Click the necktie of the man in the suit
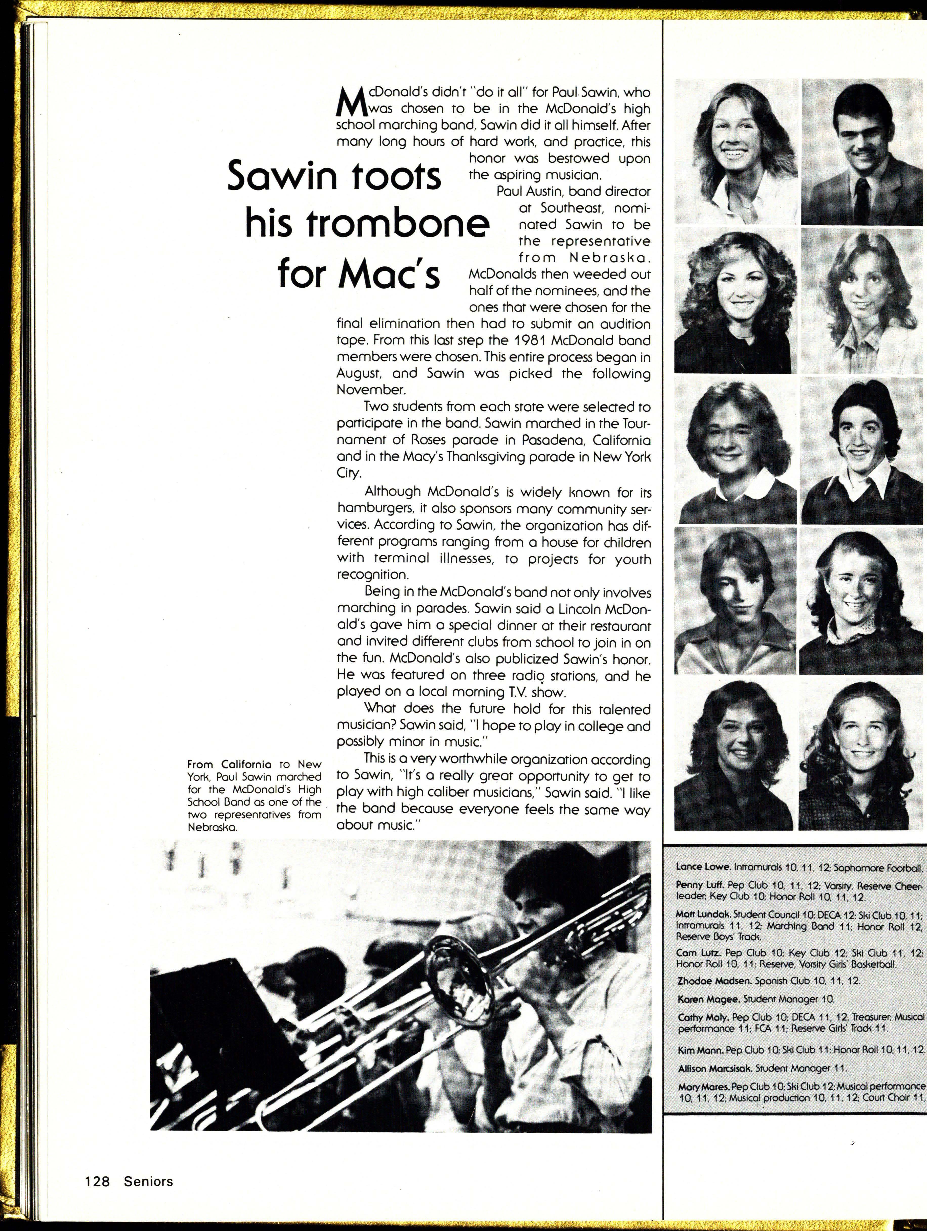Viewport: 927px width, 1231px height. click(x=862, y=195)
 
